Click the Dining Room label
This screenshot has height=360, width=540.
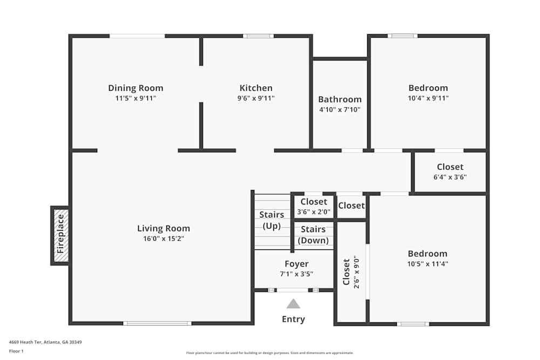136,88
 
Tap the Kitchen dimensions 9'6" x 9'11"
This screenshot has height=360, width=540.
256,98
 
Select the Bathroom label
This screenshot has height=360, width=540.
340,99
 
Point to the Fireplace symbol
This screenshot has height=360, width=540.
61,236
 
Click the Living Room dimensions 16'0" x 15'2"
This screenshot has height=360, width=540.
164,239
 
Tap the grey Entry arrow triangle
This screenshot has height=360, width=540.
293,303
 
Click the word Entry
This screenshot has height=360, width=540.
293,319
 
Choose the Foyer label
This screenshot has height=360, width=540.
296,264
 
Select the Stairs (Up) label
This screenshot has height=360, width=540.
272,220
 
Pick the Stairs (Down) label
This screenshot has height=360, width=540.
313,235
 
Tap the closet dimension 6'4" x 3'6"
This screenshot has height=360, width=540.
450,177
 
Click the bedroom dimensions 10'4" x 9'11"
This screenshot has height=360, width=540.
428,98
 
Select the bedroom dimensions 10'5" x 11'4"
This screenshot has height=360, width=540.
428,264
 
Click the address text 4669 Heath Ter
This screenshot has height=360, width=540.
25,342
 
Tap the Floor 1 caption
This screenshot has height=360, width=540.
16,351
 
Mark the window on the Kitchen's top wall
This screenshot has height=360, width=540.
258,36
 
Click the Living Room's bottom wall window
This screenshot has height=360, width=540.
157,323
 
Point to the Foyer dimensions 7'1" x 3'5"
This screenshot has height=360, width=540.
296,274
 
